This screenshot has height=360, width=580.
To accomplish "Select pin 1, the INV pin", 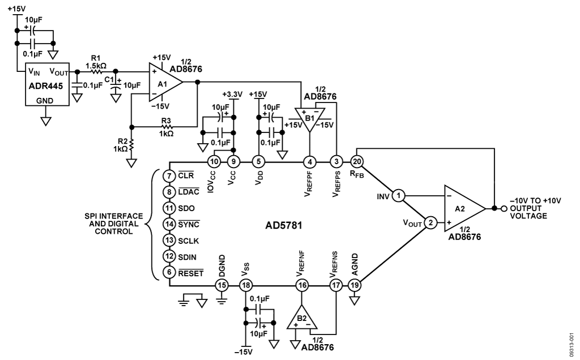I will [x=398, y=196].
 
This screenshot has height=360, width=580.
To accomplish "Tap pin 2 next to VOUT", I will [x=430, y=223].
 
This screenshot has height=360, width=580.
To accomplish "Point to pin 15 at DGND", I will [x=221, y=285].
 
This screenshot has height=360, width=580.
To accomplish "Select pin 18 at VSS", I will [x=245, y=285].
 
